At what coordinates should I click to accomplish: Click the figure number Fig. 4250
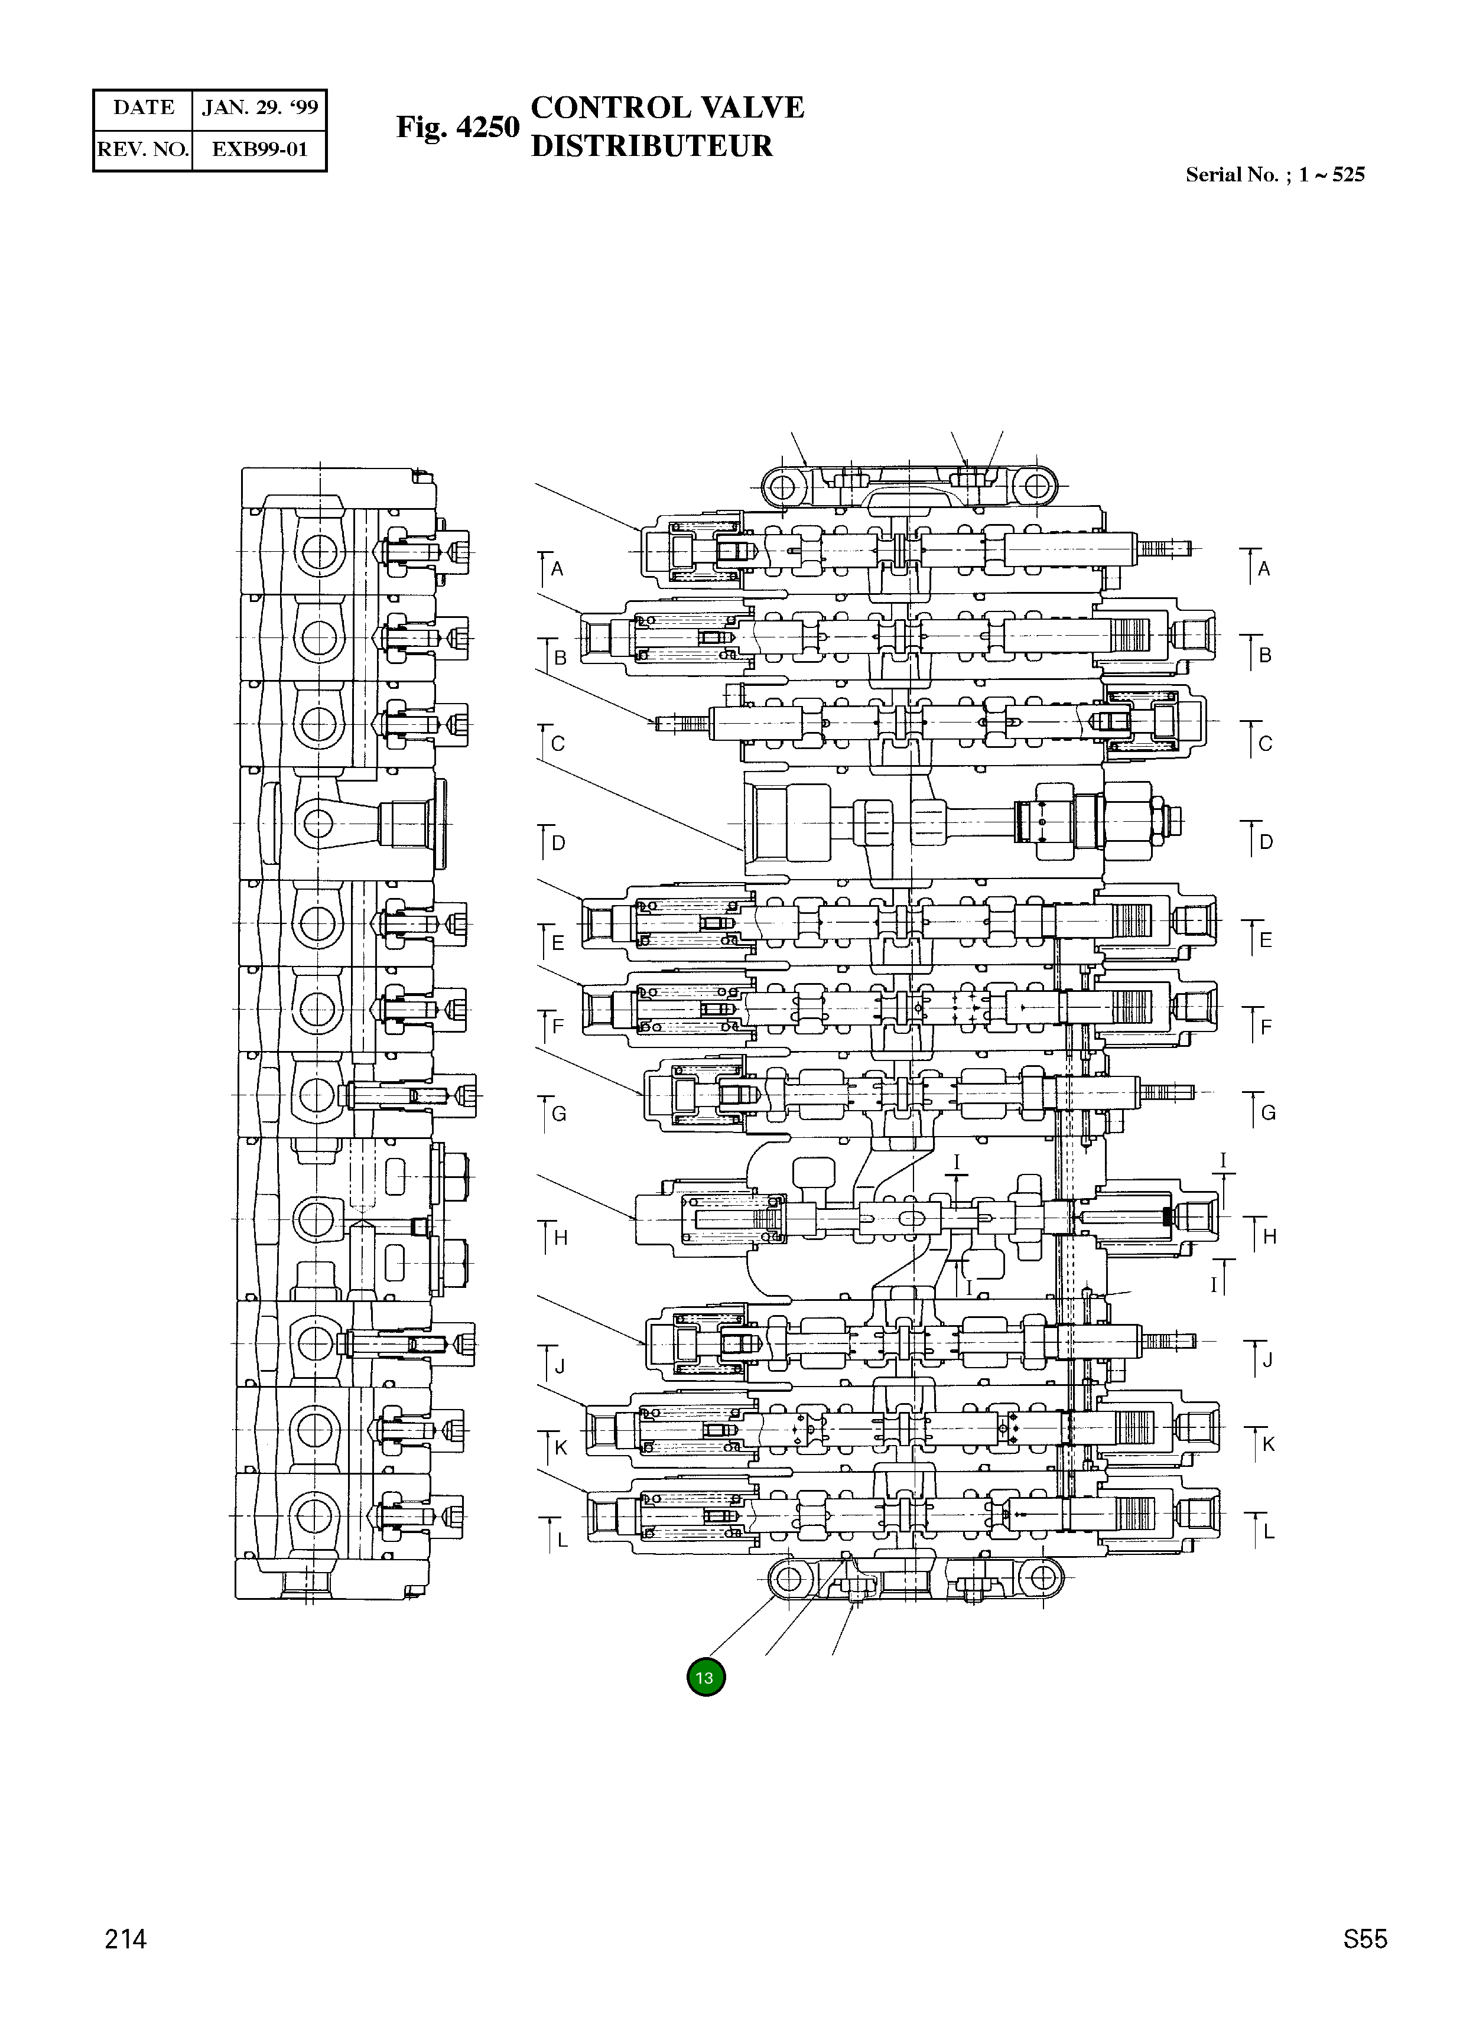458,128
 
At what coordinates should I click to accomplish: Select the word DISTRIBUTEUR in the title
651,147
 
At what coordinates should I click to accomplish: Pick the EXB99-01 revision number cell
259,149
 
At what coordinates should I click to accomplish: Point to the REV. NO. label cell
143,149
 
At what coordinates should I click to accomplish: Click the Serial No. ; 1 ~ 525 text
1275,175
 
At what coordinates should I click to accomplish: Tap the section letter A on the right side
1264,568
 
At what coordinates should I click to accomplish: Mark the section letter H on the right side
1269,1236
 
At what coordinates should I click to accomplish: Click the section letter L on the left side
563,1540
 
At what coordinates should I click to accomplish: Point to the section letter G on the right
1269,1113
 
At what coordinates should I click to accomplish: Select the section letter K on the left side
561,1447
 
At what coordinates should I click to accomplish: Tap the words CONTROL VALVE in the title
668,108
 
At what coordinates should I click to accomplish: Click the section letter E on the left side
558,943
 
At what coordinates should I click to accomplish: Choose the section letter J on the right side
1267,1361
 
